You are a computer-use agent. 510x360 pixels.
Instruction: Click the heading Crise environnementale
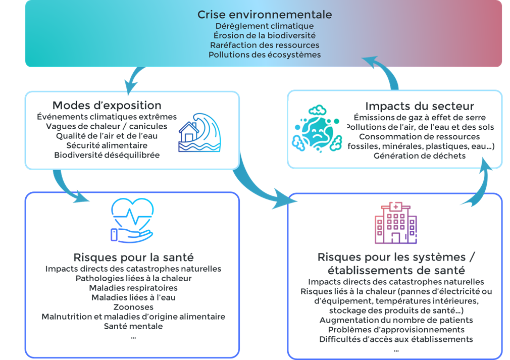[x=265, y=14]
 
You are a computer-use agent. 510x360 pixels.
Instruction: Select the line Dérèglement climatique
[x=265, y=26]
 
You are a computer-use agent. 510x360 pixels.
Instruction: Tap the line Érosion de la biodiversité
[x=265, y=35]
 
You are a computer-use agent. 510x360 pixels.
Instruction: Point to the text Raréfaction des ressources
[x=265, y=45]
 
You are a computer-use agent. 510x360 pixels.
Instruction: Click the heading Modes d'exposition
[x=107, y=106]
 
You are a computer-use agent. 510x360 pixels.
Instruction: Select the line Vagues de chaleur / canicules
[x=107, y=126]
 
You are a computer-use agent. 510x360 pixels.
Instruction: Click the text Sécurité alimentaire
[x=107, y=145]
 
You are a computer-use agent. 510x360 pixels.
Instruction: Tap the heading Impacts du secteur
[x=420, y=107]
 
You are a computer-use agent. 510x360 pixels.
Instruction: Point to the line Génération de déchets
[x=420, y=156]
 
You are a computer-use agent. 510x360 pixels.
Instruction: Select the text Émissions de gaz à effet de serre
[x=420, y=118]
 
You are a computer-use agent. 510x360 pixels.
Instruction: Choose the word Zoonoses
[x=133, y=307]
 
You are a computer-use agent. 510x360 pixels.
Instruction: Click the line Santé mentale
[x=133, y=326]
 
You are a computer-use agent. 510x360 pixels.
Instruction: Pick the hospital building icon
[x=395, y=222]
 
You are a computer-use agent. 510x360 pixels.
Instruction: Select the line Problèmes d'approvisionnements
[x=395, y=330]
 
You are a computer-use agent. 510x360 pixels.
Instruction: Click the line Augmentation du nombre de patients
[x=395, y=320]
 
